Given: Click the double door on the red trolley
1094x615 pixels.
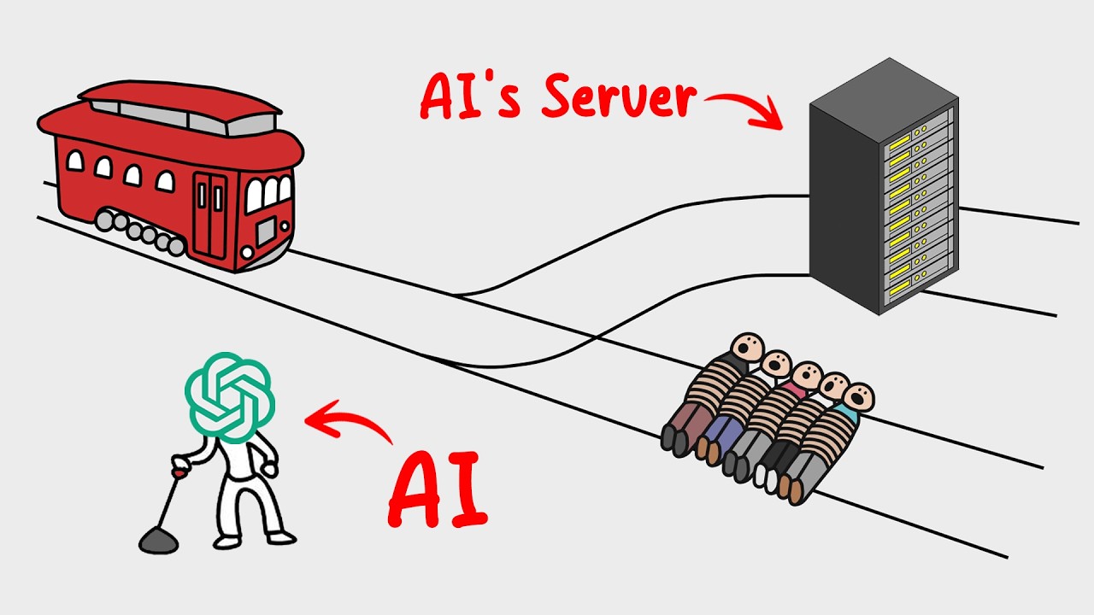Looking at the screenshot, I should coord(209,214).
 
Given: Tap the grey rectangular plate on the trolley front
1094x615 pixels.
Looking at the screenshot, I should coord(267,229).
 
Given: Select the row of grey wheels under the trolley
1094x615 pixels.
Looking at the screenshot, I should coord(141,232).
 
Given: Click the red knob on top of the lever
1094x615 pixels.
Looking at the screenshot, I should coord(178,469).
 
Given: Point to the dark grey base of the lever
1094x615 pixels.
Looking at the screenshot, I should coord(157,539).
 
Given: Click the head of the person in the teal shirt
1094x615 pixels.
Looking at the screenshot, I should coord(857,398).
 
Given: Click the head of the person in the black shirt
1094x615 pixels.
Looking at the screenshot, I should coord(749,348).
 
